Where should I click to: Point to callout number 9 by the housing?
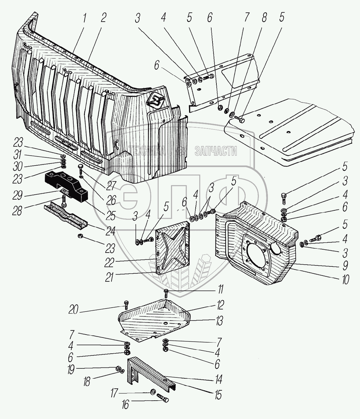pos(345,265)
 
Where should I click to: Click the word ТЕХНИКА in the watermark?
pos(147,151)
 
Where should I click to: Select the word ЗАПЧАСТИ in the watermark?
pos(216,151)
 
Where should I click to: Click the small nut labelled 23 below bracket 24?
pos(81,235)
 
